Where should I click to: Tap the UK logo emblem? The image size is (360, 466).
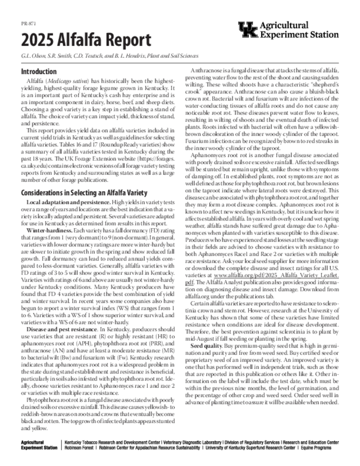248,30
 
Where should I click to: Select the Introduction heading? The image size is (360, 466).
39,71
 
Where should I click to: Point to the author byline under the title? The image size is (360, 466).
109,56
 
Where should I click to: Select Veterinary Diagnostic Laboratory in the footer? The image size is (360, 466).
193,442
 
